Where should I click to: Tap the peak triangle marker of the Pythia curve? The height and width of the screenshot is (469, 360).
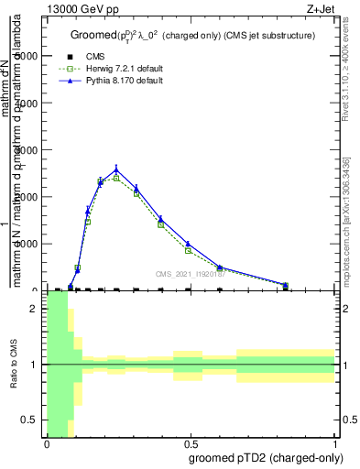[116, 169]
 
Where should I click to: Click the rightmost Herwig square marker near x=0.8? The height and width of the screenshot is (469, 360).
[285, 286]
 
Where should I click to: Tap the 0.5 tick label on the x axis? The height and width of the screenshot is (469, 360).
[191, 443]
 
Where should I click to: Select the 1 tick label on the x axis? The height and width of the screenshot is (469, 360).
[335, 443]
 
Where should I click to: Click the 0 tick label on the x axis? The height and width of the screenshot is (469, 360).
[47, 443]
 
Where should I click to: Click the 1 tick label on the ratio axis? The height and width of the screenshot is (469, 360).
[34, 365]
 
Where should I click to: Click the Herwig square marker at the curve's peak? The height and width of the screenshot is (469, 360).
[116, 179]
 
